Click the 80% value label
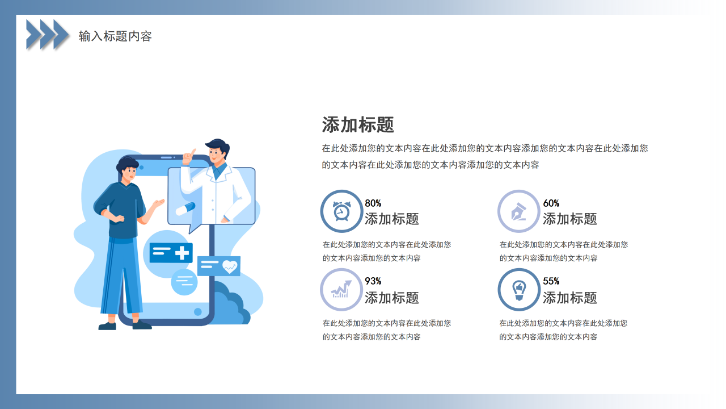click(373, 203)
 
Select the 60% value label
click(551, 203)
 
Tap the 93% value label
click(373, 281)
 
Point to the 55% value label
click(551, 281)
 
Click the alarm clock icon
click(341, 211)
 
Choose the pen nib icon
click(518, 211)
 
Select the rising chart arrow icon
click(341, 290)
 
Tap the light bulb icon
click(518, 290)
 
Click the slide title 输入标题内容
click(115, 36)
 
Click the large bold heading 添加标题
click(358, 125)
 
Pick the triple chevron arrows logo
click(48, 34)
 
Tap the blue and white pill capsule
click(185, 208)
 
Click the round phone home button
click(197, 312)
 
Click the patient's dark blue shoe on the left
click(107, 326)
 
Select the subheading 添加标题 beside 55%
click(569, 298)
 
